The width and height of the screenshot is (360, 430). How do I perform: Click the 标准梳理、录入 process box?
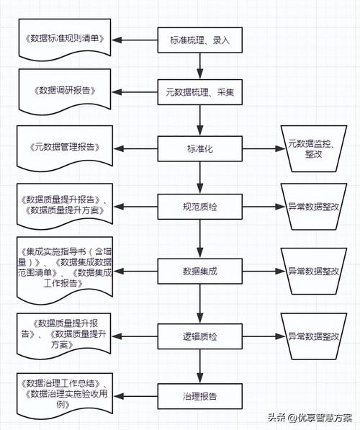click(x=200, y=40)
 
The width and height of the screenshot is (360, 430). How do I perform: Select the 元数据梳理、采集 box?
click(x=200, y=92)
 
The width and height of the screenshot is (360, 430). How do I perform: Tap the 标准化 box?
click(x=200, y=149)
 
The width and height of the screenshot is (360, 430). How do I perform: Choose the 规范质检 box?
click(x=200, y=207)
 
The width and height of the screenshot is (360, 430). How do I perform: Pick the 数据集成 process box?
click(x=200, y=272)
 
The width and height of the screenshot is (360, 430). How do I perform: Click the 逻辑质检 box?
click(x=200, y=336)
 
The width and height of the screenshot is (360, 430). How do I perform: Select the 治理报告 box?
click(x=200, y=396)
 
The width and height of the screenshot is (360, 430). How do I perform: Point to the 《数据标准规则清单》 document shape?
click(x=65, y=38)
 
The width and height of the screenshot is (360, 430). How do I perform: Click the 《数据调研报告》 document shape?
click(x=65, y=91)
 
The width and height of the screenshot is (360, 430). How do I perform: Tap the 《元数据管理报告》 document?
click(x=65, y=148)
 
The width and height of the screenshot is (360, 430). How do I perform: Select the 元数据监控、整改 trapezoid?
click(x=314, y=149)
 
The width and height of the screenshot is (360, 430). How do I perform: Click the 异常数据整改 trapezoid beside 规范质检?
click(x=314, y=207)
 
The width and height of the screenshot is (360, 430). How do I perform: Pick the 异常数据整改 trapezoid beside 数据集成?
click(x=314, y=272)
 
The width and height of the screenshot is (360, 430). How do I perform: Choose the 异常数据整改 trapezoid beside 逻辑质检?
click(x=314, y=336)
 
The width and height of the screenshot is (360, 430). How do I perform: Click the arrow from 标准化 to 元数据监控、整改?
click(x=264, y=149)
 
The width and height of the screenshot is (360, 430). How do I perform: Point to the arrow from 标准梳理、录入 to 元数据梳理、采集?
click(x=200, y=66)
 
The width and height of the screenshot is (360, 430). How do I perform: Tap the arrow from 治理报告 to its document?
click(x=135, y=396)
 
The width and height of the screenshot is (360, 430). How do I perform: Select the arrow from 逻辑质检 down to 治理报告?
click(x=200, y=366)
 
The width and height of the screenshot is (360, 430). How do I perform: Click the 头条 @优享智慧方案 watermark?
click(x=310, y=418)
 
